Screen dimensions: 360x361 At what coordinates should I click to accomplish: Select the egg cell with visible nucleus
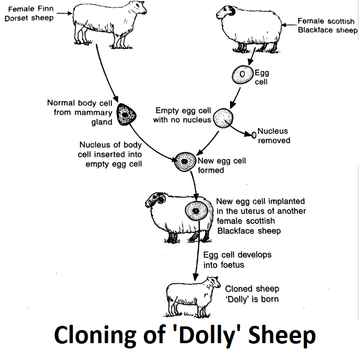point(242,75)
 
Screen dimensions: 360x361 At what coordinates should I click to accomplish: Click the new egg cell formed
point(185,161)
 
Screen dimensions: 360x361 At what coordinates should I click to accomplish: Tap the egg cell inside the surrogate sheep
point(196,211)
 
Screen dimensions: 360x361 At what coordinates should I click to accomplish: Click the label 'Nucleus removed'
point(273,136)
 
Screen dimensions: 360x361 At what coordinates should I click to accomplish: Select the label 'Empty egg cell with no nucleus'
point(182,115)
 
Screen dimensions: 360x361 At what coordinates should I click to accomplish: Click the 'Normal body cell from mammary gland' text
point(79,112)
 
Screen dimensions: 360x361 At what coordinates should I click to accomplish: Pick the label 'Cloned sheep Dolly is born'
point(252,294)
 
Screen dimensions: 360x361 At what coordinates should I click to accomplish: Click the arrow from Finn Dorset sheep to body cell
point(103,74)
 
